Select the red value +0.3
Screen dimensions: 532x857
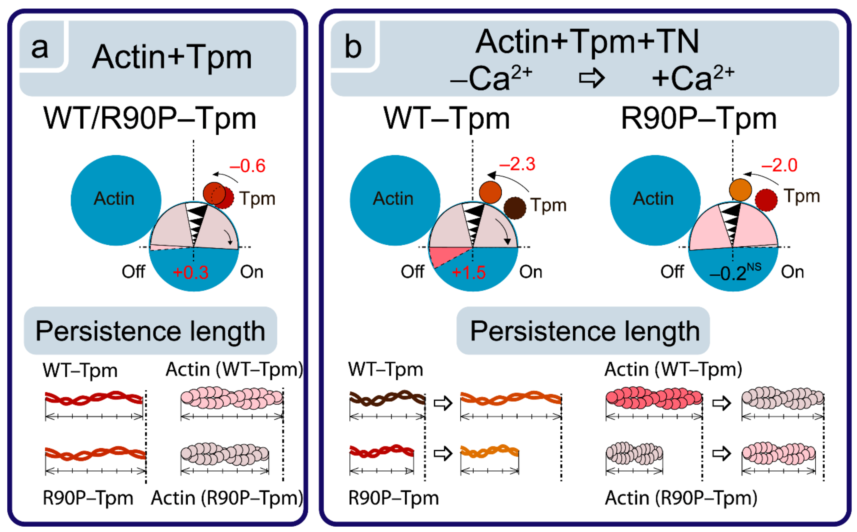point(190,272)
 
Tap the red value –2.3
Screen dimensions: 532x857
point(517,164)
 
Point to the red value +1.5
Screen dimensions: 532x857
point(469,272)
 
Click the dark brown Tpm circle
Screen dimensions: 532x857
point(515,208)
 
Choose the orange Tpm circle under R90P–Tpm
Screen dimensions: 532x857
point(740,190)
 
